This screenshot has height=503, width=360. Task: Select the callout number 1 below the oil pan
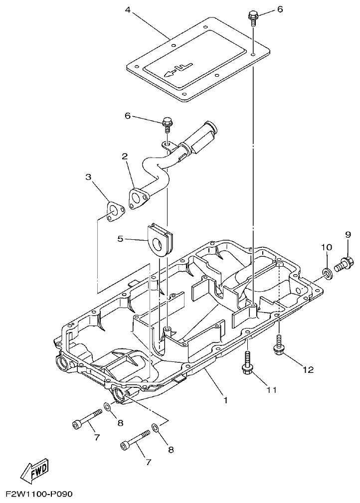pos(225,399)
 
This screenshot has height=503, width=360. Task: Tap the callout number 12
pos(308,369)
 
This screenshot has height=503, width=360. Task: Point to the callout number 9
pos(348,234)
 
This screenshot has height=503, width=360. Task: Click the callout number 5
pos(120,239)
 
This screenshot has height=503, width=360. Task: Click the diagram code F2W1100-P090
pos(39,495)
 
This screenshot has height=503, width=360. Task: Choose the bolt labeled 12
pos(278,347)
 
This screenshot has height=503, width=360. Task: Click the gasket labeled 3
pos(116,211)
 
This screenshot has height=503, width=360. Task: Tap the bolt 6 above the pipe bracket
pos(167,123)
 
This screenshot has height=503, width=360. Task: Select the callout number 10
pos(326,247)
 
